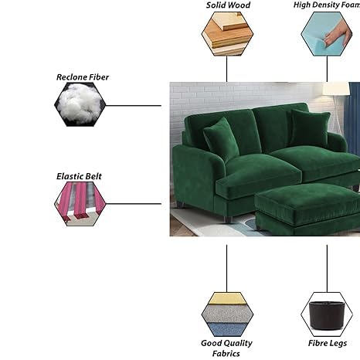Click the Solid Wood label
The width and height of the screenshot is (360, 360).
click(x=228, y=5)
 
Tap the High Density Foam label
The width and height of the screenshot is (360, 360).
click(x=327, y=5)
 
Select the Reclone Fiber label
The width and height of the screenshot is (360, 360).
click(x=83, y=77)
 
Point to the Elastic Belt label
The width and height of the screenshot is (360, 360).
click(x=79, y=176)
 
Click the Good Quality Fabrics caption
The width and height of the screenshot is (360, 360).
click(x=226, y=348)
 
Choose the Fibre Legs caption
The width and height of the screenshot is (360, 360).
click(x=328, y=343)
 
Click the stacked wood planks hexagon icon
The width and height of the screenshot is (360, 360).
click(x=227, y=34)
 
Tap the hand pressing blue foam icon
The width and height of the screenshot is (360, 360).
click(x=327, y=34)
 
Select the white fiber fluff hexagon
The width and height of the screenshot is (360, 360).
click(x=80, y=104)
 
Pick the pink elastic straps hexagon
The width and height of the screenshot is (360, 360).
click(x=80, y=204)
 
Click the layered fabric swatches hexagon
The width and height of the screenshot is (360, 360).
click(x=227, y=314)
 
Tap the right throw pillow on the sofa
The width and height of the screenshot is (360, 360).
click(x=310, y=128)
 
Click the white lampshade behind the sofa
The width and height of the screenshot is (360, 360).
click(x=336, y=89)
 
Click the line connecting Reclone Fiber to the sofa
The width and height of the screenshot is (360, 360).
click(x=134, y=105)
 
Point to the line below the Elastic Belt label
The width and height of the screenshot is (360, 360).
click(x=134, y=204)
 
